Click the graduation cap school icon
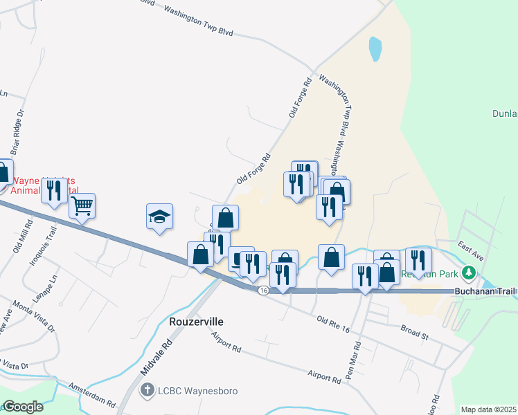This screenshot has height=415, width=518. click(x=159, y=217)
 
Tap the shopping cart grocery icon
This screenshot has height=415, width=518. click(x=82, y=205)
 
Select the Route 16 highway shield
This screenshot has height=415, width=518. click(x=263, y=290)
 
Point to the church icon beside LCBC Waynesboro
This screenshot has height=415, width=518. click(x=147, y=391)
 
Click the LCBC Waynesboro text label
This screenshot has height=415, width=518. click(x=197, y=391)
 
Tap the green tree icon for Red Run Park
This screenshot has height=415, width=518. click(x=470, y=273)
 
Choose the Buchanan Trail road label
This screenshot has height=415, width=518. click(x=485, y=292)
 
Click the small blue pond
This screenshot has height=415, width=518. click(x=375, y=48)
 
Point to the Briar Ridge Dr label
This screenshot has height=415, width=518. click(x=17, y=131)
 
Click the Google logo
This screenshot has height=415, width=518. click(x=22, y=407)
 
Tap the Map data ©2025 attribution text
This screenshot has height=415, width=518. click(x=488, y=409)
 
